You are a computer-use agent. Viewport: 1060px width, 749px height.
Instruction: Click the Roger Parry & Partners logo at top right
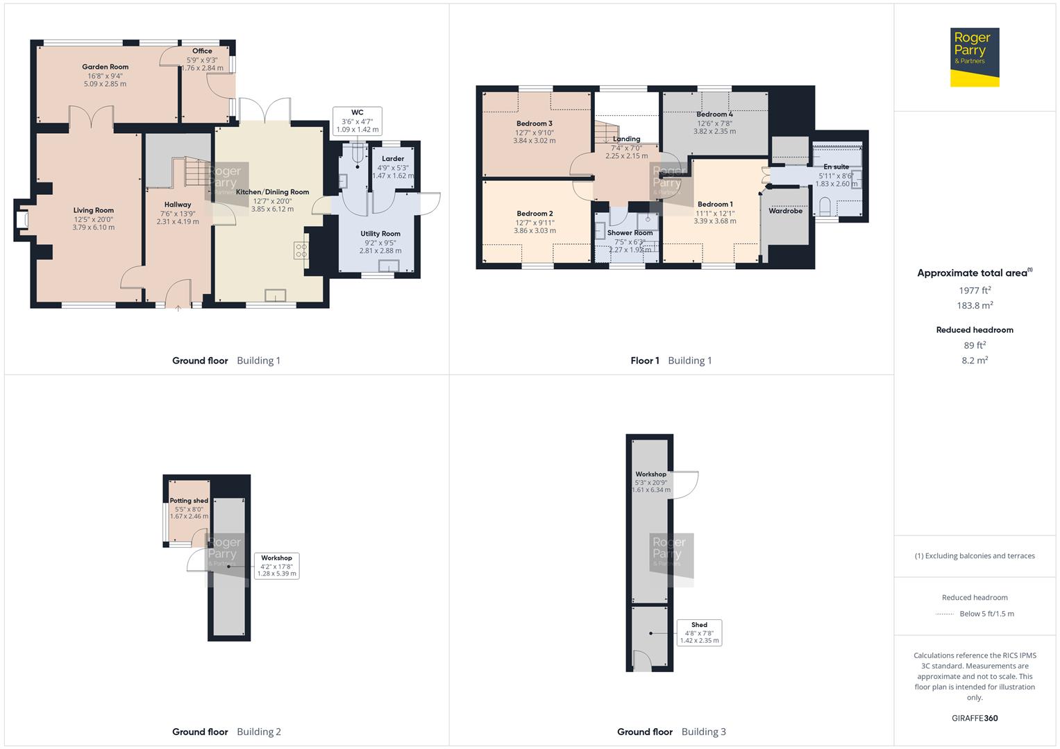click(974, 58)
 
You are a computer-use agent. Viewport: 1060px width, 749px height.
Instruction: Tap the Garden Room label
click(106, 67)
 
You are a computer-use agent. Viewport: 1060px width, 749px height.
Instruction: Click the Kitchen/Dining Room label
click(272, 192)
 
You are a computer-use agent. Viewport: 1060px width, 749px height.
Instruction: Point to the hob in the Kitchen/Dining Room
click(302, 250)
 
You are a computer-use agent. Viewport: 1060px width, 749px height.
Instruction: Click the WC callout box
click(357, 121)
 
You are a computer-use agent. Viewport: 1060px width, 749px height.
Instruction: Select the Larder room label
click(393, 159)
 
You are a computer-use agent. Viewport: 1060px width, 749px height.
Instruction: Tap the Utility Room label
click(380, 234)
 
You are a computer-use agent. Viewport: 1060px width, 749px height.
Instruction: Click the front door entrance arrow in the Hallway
click(178, 308)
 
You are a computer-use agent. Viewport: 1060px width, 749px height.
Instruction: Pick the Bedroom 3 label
click(534, 123)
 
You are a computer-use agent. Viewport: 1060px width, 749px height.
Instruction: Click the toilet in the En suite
click(825, 207)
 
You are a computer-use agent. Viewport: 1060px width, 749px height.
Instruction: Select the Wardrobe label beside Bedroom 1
click(785, 211)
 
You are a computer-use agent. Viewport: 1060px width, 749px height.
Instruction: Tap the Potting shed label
click(189, 501)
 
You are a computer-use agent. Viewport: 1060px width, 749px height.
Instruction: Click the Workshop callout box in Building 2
click(276, 566)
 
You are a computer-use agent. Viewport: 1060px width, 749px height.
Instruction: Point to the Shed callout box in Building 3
click(699, 632)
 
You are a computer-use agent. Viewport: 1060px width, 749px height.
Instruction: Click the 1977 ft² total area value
click(975, 291)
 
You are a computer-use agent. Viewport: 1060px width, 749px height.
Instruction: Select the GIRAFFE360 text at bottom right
click(975, 718)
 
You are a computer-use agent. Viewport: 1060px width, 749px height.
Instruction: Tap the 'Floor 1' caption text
click(644, 361)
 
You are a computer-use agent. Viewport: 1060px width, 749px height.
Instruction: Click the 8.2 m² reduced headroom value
click(975, 361)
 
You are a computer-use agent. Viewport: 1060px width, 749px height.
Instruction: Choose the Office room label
click(202, 51)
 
